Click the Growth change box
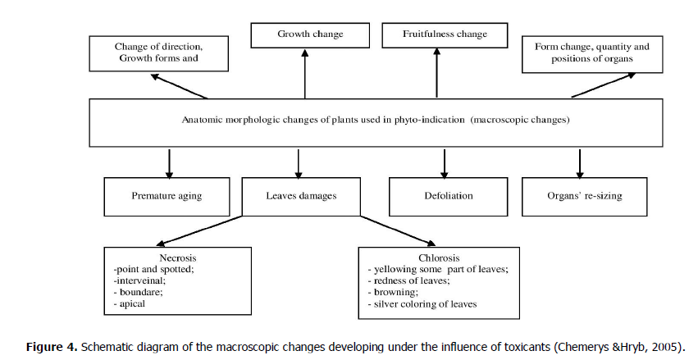pyautogui.click(x=309, y=35)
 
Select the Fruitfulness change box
pyautogui.click(x=445, y=35)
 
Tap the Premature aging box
pyautogui.click(x=167, y=197)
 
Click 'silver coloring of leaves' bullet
pyautogui.click(x=424, y=303)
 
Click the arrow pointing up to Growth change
pyautogui.click(x=304, y=74)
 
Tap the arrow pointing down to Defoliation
pyautogui.click(x=444, y=162)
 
